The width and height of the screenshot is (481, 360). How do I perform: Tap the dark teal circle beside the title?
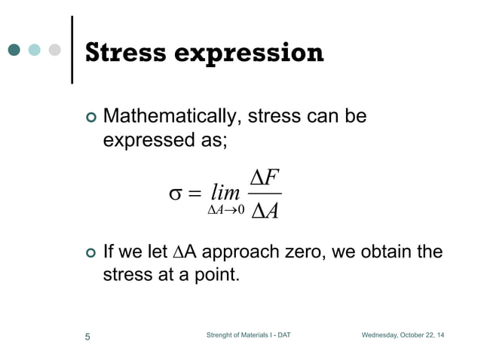(14, 50)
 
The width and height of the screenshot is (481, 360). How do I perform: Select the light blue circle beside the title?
(34, 50)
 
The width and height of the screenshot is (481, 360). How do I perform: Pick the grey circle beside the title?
(54, 50)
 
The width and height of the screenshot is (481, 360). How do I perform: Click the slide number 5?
(87, 336)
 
